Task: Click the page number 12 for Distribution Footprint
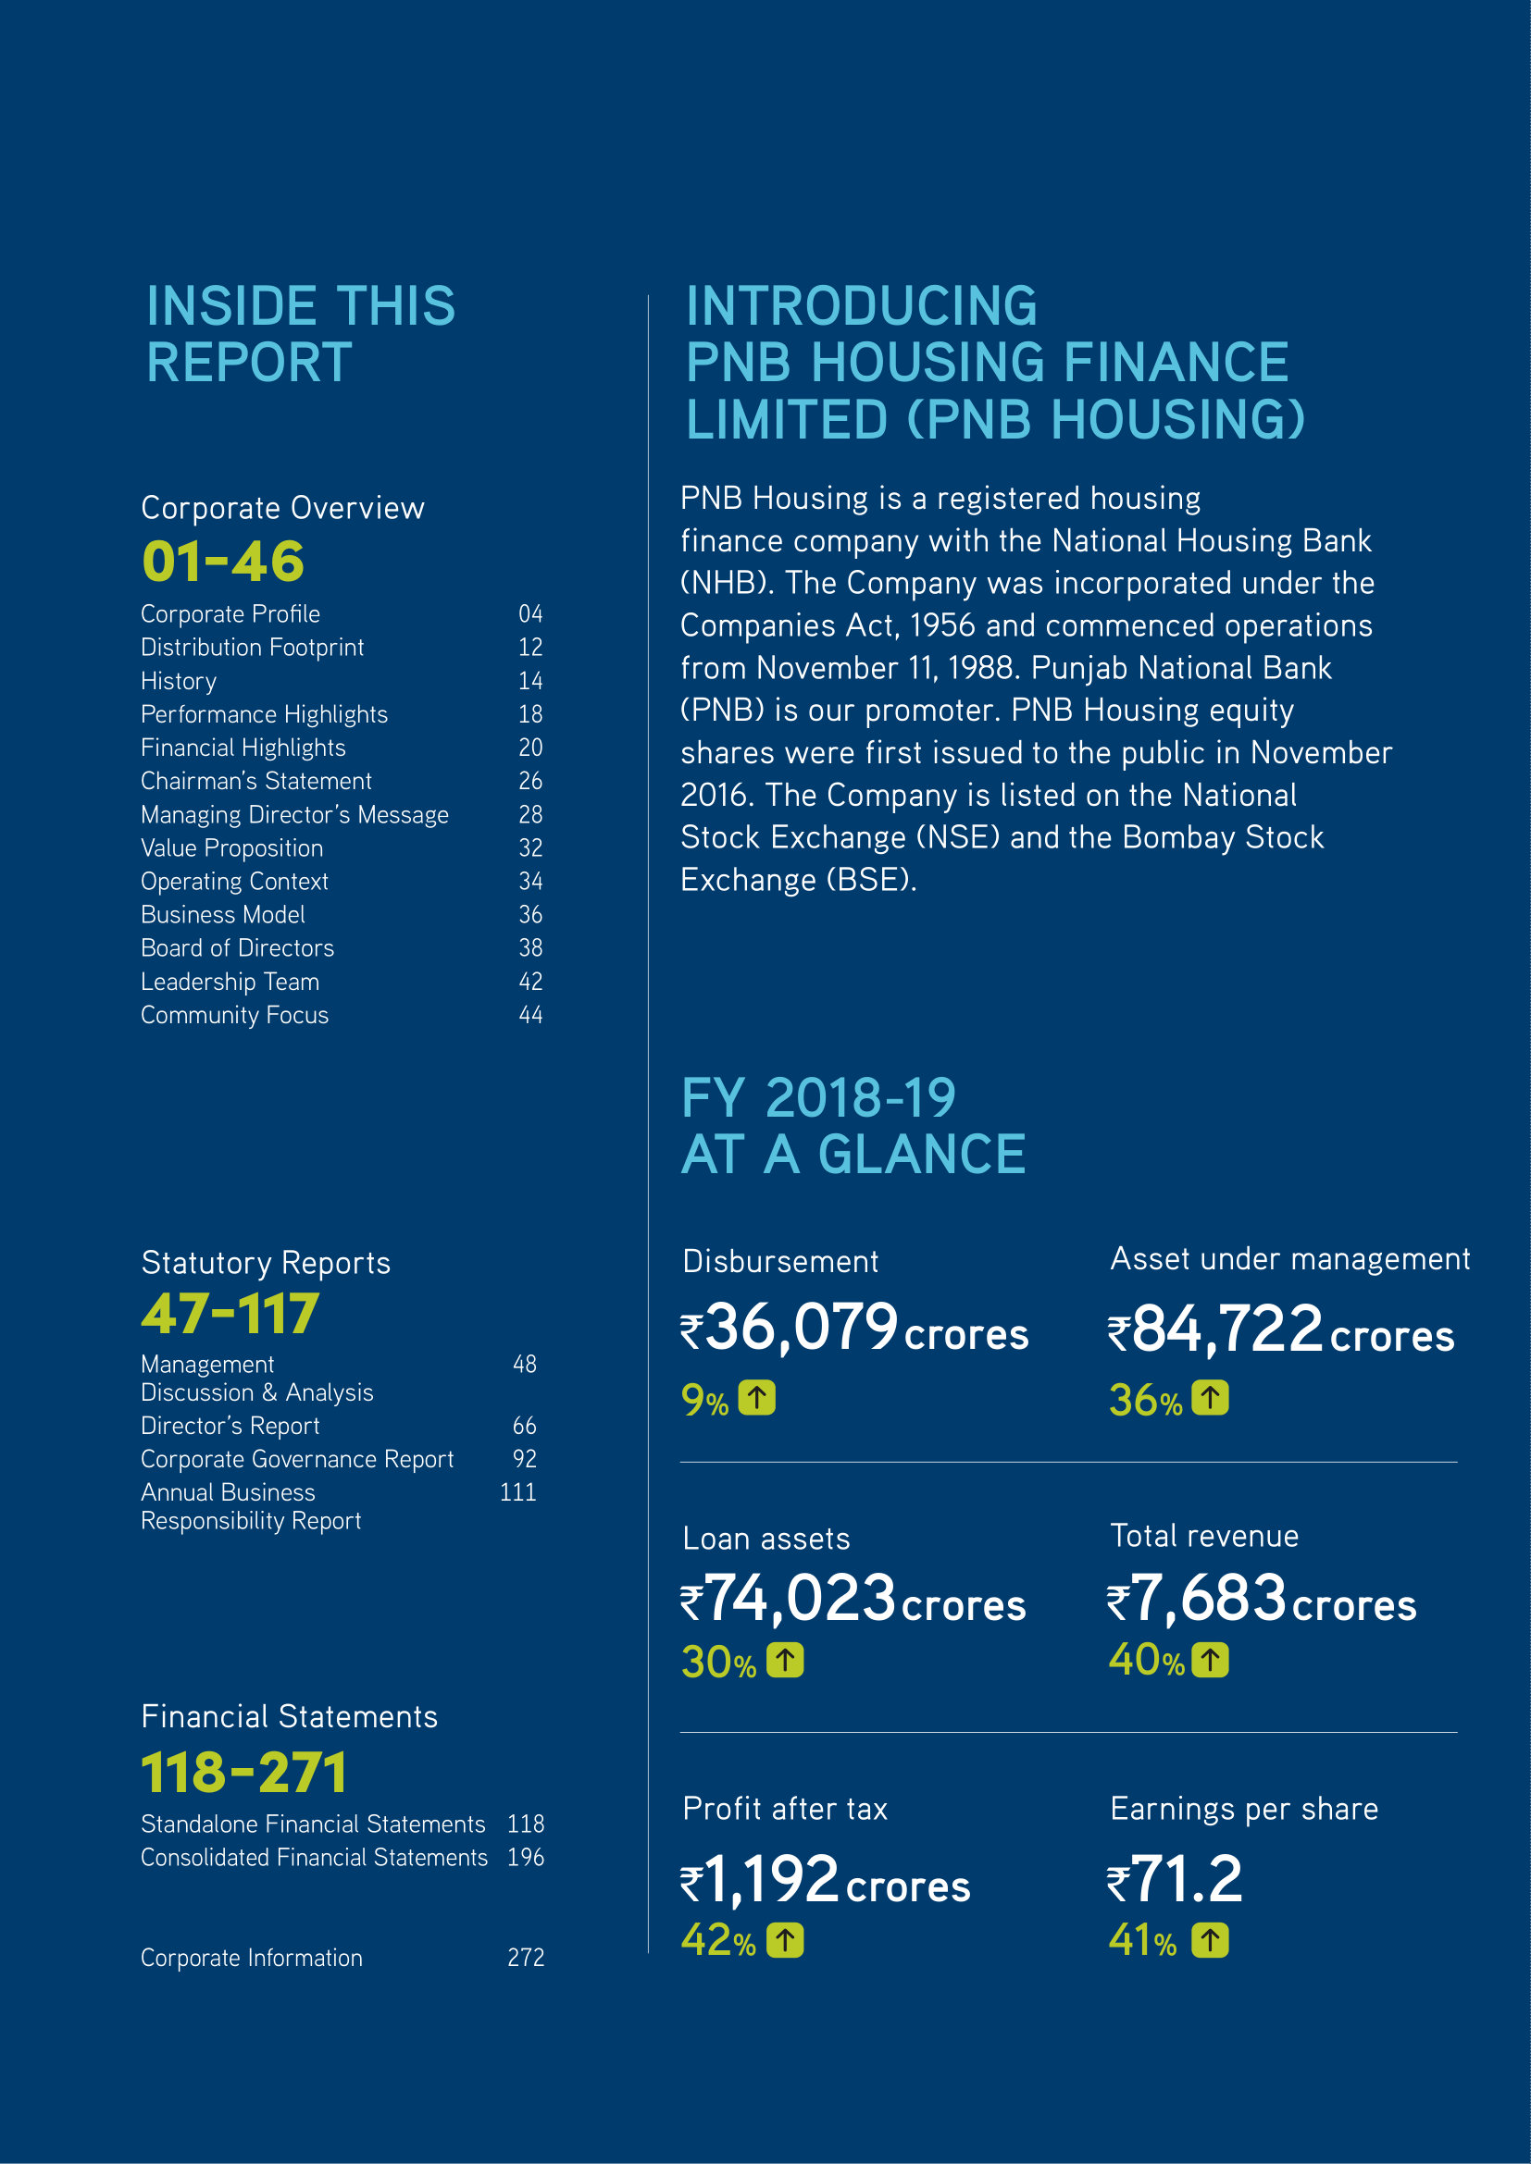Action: pos(529,648)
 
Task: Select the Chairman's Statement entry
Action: pos(255,782)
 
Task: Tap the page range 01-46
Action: pos(222,562)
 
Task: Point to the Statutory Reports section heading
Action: pos(265,1263)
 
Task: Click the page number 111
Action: pos(517,1492)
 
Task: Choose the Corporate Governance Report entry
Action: pos(297,1459)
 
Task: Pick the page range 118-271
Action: pos(243,1773)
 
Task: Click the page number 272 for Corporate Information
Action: pos(525,1958)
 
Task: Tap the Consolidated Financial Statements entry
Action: pos(314,1857)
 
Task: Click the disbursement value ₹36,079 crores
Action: pos(853,1329)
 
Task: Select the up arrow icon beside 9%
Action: pos(756,1398)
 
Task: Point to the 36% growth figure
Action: pos(1144,1401)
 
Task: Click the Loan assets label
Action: pos(765,1540)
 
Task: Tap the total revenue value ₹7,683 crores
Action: pos(1261,1600)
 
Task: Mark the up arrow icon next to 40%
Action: pos(1210,1660)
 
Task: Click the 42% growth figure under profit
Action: pos(717,1941)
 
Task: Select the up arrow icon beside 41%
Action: pos(1210,1941)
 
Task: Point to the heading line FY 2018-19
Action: pos(817,1099)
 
